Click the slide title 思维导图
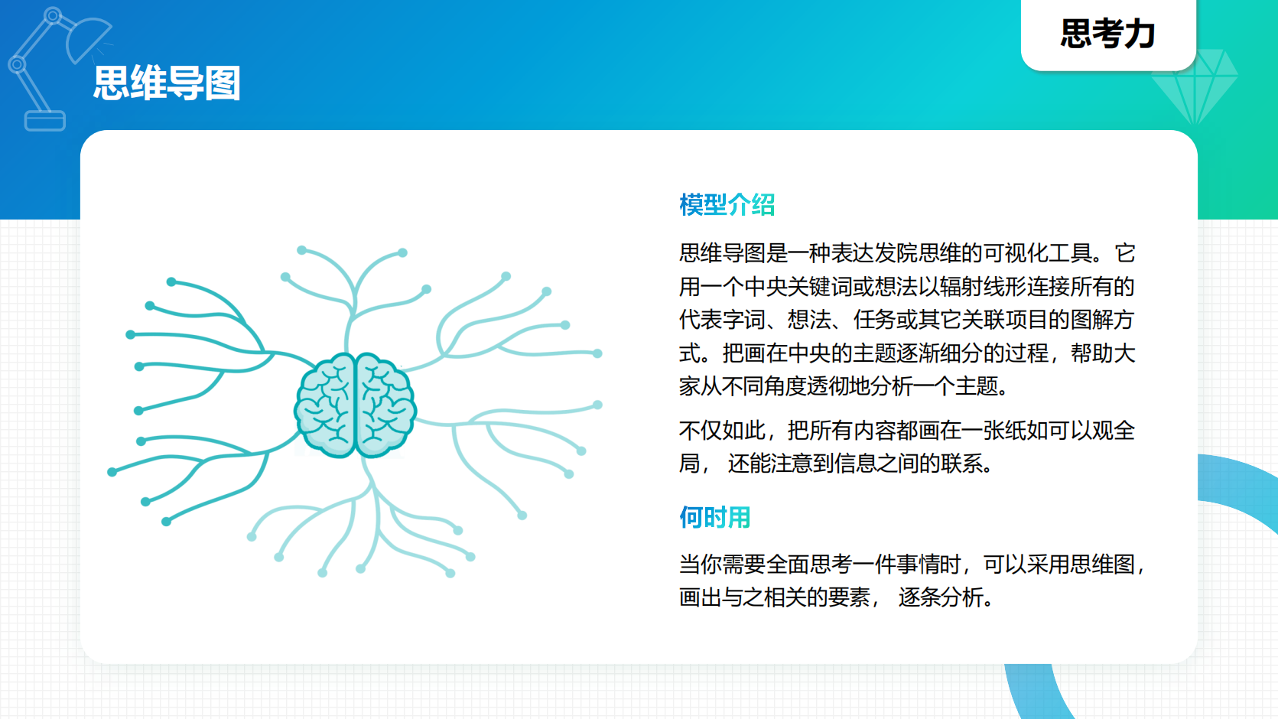tap(167, 83)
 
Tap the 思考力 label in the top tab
tap(1107, 34)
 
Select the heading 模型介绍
tap(727, 205)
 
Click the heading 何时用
tap(714, 518)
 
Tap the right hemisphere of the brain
tap(385, 406)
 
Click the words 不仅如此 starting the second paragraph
tap(722, 431)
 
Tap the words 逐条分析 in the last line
tap(941, 597)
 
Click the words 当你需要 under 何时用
tap(722, 564)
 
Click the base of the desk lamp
tap(45, 121)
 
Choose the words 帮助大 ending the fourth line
tap(1103, 353)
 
